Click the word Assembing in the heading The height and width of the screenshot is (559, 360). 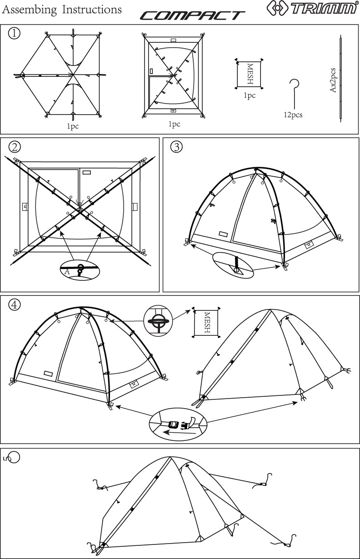coord(30,10)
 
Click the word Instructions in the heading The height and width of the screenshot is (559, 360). coord(92,10)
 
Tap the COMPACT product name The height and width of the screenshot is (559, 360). coord(192,15)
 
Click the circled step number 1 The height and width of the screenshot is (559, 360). coord(14,33)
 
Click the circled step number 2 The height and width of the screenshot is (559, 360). coord(15,147)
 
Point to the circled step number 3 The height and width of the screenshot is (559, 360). coord(176,147)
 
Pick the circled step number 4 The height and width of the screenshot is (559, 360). coord(14,304)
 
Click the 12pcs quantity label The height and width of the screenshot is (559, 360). coord(293,115)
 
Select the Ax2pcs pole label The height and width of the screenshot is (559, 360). coord(333,80)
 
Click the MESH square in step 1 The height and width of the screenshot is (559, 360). coord(249,74)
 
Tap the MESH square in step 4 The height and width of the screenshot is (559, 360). coord(206,322)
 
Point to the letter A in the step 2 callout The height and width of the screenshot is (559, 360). coord(67,271)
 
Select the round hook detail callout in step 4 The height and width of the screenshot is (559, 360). coord(158,320)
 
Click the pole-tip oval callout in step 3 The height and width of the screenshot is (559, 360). coord(233,265)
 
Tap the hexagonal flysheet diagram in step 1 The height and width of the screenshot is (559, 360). coord(60,75)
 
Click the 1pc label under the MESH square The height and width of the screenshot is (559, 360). coord(250,95)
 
